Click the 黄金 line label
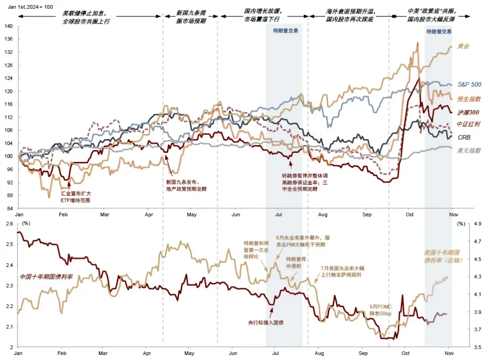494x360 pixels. [464, 46]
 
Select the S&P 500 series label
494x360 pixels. [469, 85]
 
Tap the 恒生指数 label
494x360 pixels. [469, 99]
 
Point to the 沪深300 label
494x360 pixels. [468, 112]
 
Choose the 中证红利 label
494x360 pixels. [468, 124]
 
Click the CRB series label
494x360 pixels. [464, 137]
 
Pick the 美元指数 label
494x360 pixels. [469, 150]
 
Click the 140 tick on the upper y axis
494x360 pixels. [8, 26]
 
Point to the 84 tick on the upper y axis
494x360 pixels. [10, 208]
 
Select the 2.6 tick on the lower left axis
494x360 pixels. [9, 224]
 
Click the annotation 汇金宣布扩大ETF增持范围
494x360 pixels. [76, 197]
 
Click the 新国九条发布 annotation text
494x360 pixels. [186, 185]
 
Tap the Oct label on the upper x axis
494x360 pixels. [409, 215]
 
